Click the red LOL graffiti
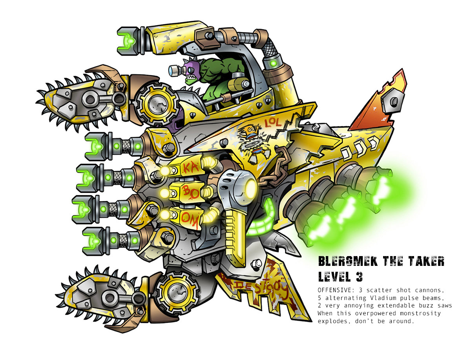pos(272,122)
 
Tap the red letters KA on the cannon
pos(188,169)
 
